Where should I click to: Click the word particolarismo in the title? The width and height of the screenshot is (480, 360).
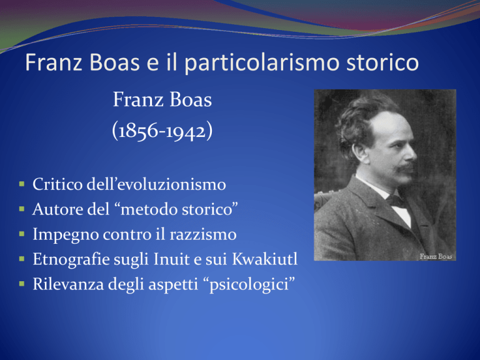point(262,63)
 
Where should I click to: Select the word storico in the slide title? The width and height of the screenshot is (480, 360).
point(382,62)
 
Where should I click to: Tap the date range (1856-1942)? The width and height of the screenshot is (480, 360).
point(162,131)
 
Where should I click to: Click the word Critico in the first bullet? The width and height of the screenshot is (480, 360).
point(57,184)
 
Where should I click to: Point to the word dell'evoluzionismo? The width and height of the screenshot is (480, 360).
point(156,184)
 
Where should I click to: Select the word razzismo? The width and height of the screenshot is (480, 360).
point(203,234)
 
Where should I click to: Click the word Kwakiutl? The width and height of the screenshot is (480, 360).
point(265,259)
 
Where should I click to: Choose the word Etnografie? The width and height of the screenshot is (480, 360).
point(71,259)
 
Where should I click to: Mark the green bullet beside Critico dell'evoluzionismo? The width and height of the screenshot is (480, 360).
point(22,184)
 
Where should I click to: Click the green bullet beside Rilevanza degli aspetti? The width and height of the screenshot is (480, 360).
point(22,284)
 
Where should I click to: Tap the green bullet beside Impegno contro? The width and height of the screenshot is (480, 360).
point(22,234)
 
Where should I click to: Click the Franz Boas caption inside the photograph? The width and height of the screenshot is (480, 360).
point(436,256)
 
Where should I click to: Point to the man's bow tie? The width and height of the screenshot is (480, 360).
point(396,201)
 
